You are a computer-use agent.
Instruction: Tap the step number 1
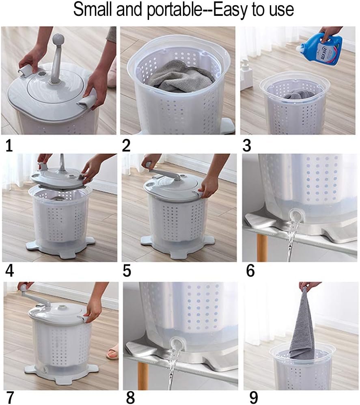pos(9,145)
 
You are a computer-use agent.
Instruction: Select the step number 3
pos(247,145)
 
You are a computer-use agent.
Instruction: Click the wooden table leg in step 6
pos(262,247)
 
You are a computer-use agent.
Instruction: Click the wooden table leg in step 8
pos(143,376)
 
